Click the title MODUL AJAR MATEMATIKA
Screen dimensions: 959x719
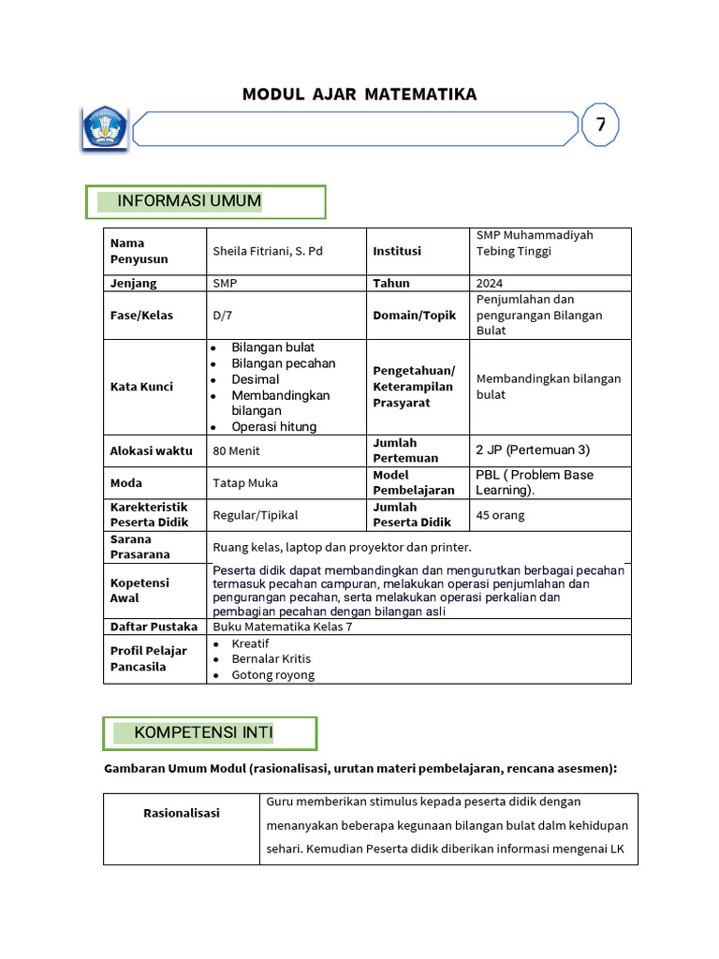pyautogui.click(x=359, y=95)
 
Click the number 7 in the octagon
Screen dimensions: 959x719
pyautogui.click(x=600, y=125)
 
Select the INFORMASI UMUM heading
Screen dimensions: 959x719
pyautogui.click(x=189, y=201)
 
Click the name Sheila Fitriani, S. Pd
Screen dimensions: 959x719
pyautogui.click(x=268, y=251)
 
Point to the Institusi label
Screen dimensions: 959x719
pyautogui.click(x=397, y=251)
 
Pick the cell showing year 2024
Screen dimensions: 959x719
pyautogui.click(x=490, y=283)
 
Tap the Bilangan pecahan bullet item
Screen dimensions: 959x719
pyautogui.click(x=283, y=363)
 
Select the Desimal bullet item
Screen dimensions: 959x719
pyautogui.click(x=256, y=379)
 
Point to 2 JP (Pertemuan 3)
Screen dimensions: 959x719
pyautogui.click(x=533, y=450)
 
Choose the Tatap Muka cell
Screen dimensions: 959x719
pyautogui.click(x=245, y=483)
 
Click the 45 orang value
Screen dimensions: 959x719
pyautogui.click(x=500, y=515)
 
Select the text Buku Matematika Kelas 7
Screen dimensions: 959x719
pyautogui.click(x=283, y=627)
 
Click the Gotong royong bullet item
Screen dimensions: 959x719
pyautogui.click(x=273, y=674)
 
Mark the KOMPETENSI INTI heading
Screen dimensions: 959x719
pyautogui.click(x=204, y=732)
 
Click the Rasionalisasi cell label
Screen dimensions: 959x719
pyautogui.click(x=182, y=813)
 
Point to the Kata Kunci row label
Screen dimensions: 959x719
pyautogui.click(x=141, y=387)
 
